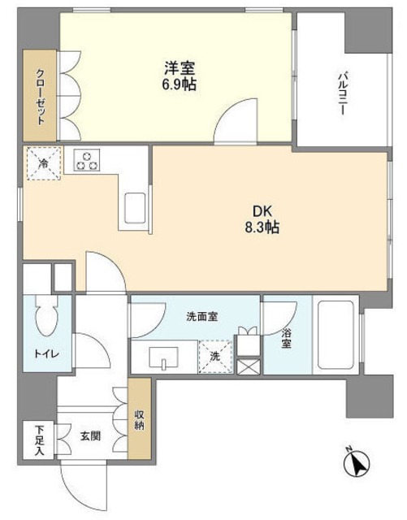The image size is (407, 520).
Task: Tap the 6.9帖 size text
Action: click(177, 84)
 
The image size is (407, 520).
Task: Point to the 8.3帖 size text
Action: click(261, 228)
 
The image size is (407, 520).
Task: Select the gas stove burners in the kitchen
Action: click(88, 160)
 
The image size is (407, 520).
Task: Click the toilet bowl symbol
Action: click(47, 323)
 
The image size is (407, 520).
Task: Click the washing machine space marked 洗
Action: click(214, 356)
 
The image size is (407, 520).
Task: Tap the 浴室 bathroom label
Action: click(287, 338)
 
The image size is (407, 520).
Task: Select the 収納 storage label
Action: click(139, 418)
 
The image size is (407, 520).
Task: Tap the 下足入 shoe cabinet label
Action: click(38, 440)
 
